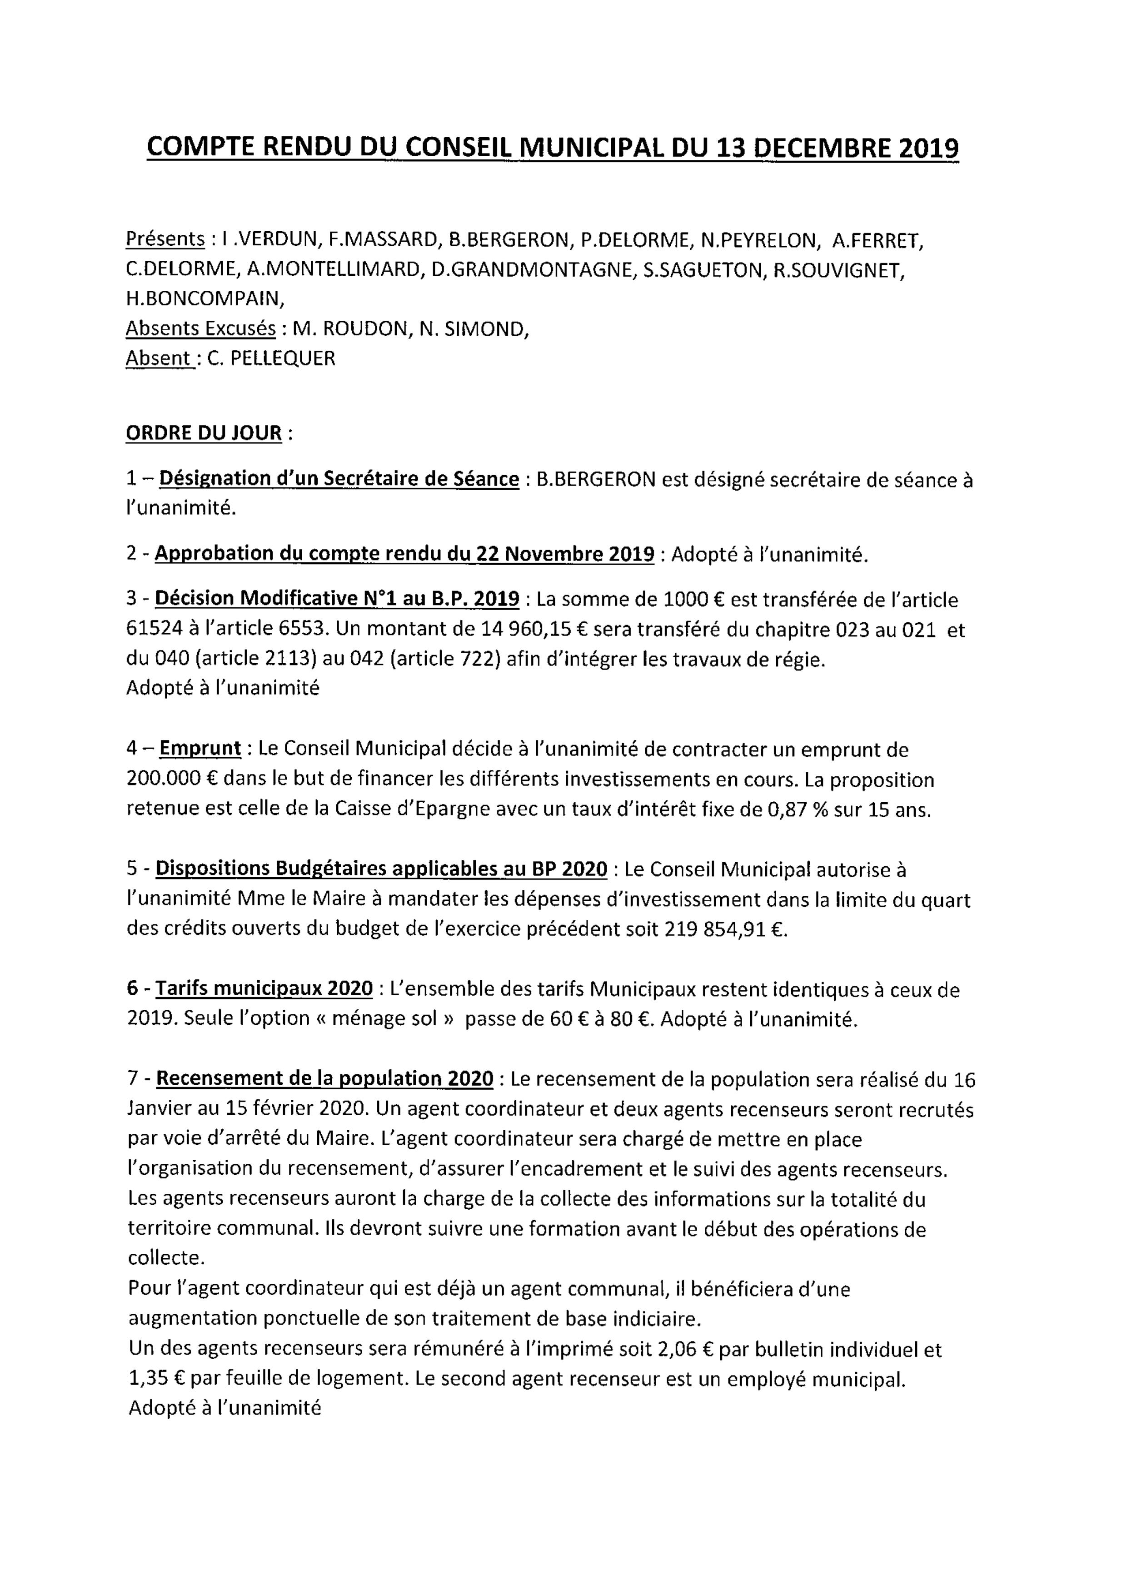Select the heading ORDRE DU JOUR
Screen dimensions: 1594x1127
[204, 433]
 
